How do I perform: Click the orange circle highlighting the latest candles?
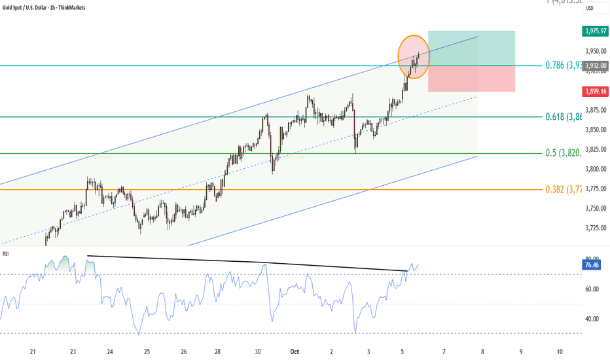pyautogui.click(x=414, y=56)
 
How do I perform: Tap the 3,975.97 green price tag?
pyautogui.click(x=595, y=31)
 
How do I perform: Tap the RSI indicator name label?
pyautogui.click(x=6, y=253)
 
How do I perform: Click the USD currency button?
pyautogui.click(x=590, y=8)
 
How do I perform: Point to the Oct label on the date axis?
pyautogui.click(x=295, y=352)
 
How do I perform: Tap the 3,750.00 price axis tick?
pyautogui.click(x=595, y=208)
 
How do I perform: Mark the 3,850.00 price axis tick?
pyautogui.click(x=595, y=130)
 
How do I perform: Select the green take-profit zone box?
pyautogui.click(x=471, y=48)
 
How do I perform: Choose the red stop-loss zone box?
pyautogui.click(x=471, y=79)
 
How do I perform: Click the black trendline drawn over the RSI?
pyautogui.click(x=249, y=262)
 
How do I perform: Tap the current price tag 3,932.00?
pyautogui.click(x=595, y=65)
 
